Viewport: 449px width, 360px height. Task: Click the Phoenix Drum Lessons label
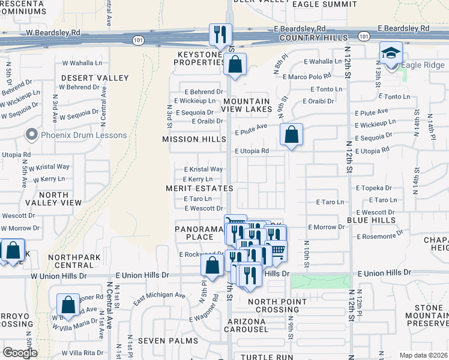pyautogui.click(x=83, y=135)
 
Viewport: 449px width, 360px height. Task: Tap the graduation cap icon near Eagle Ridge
pyautogui.click(x=391, y=53)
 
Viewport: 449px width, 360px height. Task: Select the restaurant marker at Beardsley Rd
pyautogui.click(x=220, y=34)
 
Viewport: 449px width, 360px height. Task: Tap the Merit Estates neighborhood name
pyautogui.click(x=199, y=188)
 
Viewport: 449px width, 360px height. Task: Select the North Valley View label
pyautogui.click(x=60, y=199)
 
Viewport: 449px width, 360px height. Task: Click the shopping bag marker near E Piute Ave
pyautogui.click(x=291, y=134)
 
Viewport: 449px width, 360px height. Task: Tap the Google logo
pyautogui.click(x=20, y=353)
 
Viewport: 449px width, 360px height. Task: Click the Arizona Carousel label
pyautogui.click(x=247, y=325)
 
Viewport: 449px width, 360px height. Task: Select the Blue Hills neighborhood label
pyautogui.click(x=371, y=221)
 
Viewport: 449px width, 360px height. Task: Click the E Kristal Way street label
pyautogui.click(x=203, y=170)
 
